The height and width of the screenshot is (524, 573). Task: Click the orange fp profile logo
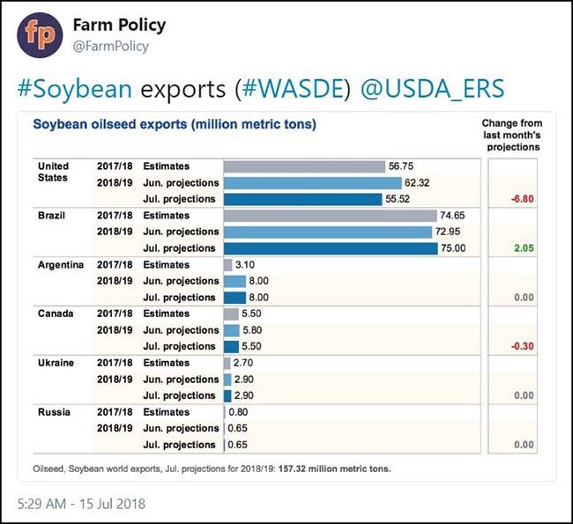click(40, 35)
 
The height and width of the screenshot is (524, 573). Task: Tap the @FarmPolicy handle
click(111, 47)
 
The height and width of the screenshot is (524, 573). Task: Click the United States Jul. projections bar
click(311, 199)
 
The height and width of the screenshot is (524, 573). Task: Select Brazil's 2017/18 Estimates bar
click(330, 216)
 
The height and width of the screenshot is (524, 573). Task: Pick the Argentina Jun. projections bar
click(234, 281)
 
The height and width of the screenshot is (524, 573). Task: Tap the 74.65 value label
click(455, 216)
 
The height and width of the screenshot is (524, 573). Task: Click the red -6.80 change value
click(524, 200)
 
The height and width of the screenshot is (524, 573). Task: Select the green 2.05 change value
click(525, 249)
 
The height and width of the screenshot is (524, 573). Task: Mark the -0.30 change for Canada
click(524, 347)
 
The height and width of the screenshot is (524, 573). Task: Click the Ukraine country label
click(56, 363)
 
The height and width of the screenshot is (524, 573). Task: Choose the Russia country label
click(54, 411)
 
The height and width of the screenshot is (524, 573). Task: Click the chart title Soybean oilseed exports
click(175, 124)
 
